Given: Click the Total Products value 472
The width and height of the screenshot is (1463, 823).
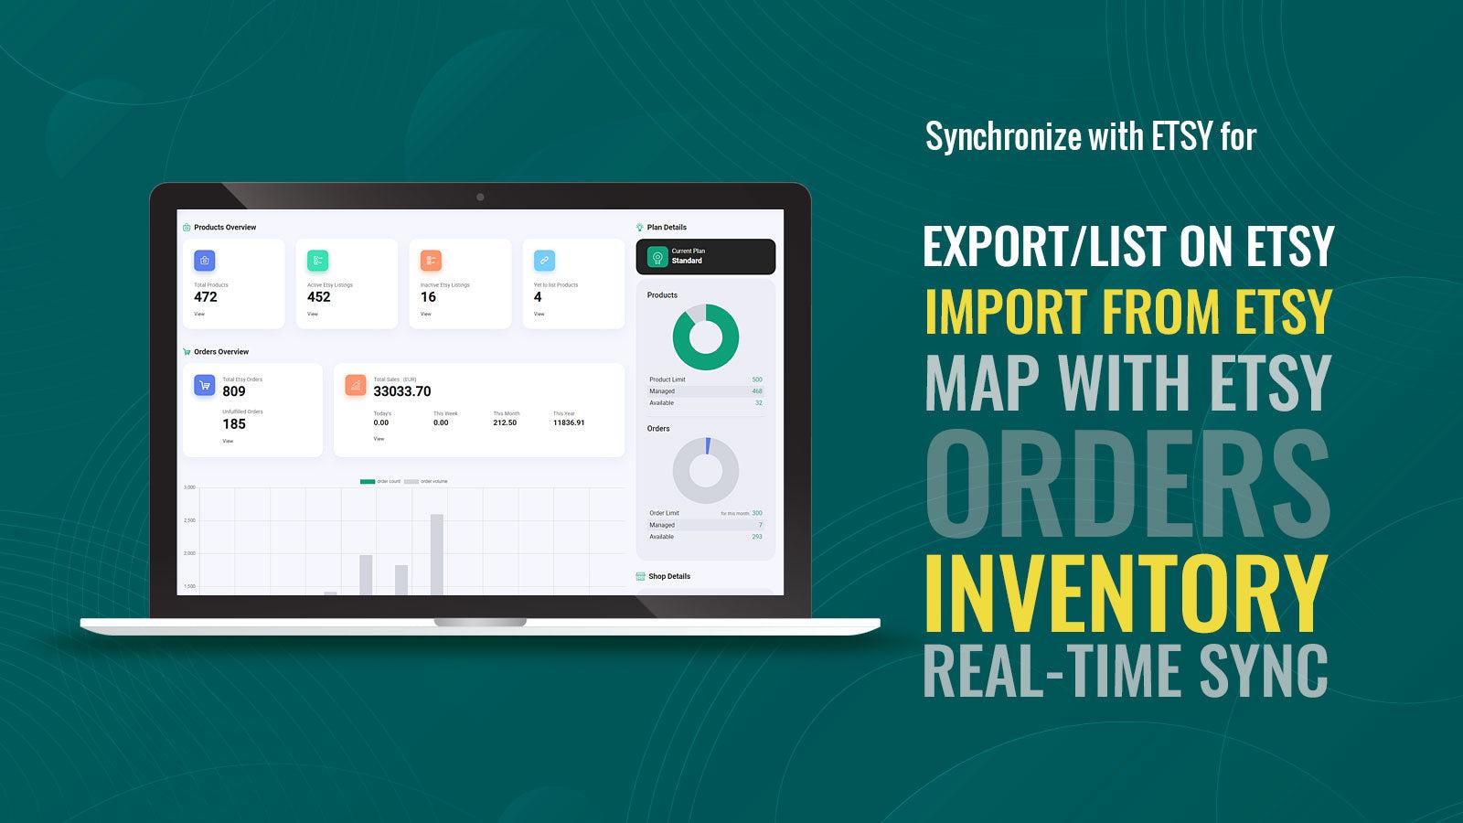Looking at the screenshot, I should [x=206, y=297].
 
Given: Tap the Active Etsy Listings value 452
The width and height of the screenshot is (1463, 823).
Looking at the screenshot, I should [x=319, y=297].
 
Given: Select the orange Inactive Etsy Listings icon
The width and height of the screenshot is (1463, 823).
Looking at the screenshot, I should [x=431, y=261].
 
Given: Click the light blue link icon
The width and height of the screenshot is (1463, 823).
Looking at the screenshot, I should [x=544, y=261].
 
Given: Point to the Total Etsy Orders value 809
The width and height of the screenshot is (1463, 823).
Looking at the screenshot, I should [x=234, y=391].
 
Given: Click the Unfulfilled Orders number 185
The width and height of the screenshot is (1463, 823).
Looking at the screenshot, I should [x=234, y=424].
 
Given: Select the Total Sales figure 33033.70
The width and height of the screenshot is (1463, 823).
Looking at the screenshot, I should [x=402, y=391].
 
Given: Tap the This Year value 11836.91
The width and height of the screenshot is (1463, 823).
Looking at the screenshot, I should [x=569, y=423].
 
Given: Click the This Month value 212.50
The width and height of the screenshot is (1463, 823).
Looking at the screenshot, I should [x=505, y=423].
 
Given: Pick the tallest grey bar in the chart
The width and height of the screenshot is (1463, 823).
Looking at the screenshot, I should [x=437, y=554].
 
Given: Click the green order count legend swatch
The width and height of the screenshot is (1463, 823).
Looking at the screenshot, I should [x=368, y=481].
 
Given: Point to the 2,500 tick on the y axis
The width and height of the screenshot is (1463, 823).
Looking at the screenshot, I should [x=189, y=520].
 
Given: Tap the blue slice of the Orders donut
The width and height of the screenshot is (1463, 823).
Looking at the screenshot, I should [x=708, y=445].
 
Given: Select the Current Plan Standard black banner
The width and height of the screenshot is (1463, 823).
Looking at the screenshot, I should [x=705, y=257].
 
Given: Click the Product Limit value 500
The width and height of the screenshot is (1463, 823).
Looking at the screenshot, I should [x=757, y=379].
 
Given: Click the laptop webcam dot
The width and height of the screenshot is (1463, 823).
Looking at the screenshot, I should [x=480, y=197].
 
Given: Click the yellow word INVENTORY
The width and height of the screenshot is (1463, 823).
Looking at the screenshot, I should [x=1127, y=589].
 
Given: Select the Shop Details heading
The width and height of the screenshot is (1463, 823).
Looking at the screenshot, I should [x=668, y=577].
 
